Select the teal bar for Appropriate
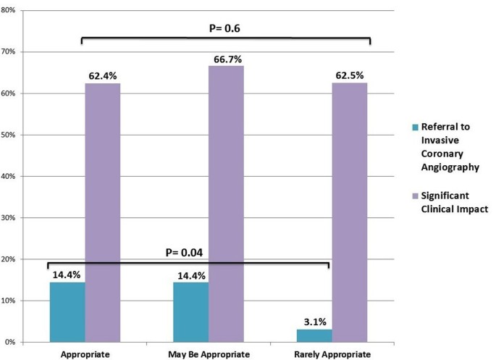pos(67,311)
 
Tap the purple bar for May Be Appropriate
pos(226,204)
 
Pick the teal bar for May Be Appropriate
pos(190,311)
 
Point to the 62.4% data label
pos(103,75)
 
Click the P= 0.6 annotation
pos(226,28)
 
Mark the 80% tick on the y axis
pos(18,11)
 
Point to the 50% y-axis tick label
pos(18,135)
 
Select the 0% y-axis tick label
pos(20,342)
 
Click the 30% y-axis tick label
pos(18,217)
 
